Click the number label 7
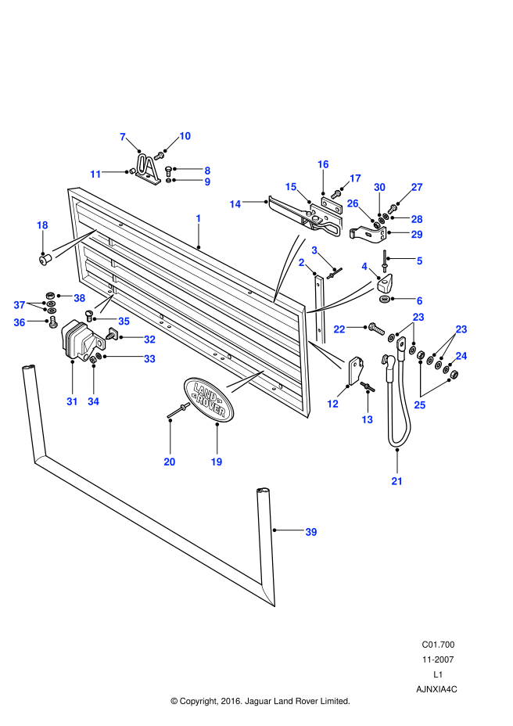click(x=123, y=137)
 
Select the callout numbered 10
click(x=185, y=136)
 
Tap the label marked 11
click(x=95, y=174)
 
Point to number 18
click(x=42, y=225)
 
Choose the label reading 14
click(x=235, y=204)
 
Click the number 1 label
click(x=199, y=218)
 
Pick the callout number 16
click(x=323, y=164)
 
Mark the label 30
click(x=379, y=187)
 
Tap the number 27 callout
click(x=417, y=187)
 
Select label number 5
click(x=420, y=261)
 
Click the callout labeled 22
click(x=339, y=329)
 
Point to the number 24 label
click(x=461, y=356)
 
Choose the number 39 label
click(x=311, y=532)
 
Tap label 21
click(x=397, y=481)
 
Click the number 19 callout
click(x=217, y=462)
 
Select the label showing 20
click(x=170, y=462)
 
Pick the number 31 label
click(x=72, y=401)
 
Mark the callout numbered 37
click(x=20, y=305)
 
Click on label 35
click(x=124, y=321)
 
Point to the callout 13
click(x=368, y=420)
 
